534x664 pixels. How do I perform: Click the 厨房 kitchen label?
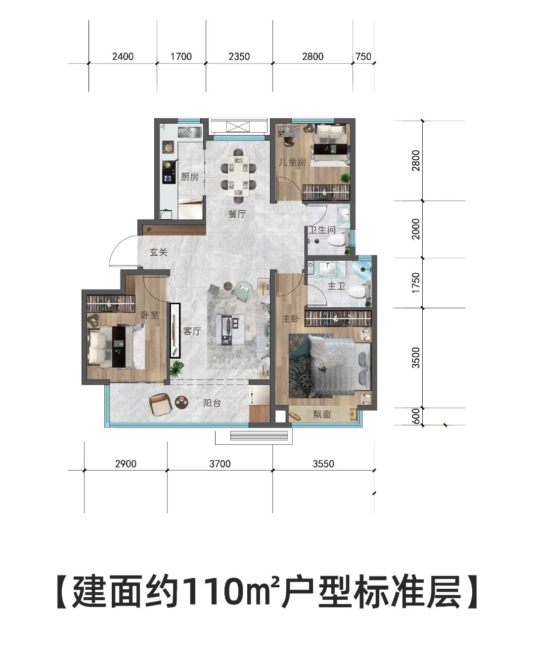(189, 177)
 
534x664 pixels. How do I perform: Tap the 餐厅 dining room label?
(237, 214)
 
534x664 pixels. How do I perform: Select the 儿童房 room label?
(292, 162)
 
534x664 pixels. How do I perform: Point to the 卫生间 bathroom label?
(322, 230)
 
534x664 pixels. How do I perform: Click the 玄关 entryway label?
(159, 252)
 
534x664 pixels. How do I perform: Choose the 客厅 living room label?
(192, 331)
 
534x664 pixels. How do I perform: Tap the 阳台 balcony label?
(212, 403)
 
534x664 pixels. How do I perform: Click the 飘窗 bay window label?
(322, 415)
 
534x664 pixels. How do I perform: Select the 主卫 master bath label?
(336, 285)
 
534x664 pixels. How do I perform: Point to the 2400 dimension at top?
(123, 56)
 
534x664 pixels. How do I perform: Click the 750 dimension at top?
(363, 56)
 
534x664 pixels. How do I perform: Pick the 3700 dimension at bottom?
(220, 464)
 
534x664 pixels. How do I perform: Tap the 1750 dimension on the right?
(416, 283)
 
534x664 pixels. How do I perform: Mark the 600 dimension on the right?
(416, 416)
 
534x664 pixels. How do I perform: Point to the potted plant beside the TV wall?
(176, 369)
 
